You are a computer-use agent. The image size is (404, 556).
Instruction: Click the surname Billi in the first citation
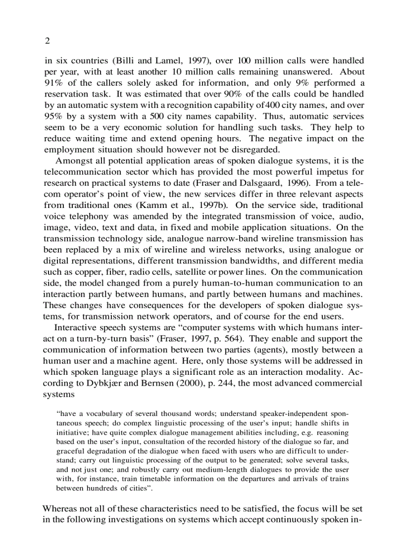[126, 61]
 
